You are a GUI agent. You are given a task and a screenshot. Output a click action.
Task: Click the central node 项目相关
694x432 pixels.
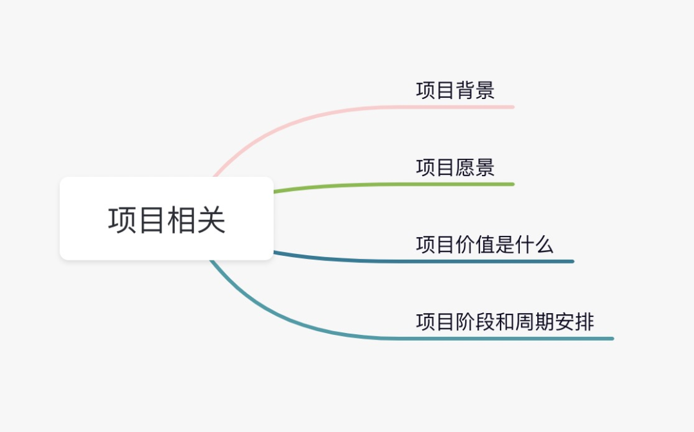click(167, 219)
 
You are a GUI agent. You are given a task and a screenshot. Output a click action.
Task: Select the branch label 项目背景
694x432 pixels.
click(455, 90)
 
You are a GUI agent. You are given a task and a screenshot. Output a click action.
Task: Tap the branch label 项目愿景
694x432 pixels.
click(455, 168)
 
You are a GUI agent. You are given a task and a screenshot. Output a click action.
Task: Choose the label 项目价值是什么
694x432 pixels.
click(485, 245)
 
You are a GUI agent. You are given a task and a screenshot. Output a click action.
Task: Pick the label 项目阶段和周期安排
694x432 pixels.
click(504, 322)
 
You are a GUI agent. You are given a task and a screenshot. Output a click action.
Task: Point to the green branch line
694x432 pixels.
click(394, 185)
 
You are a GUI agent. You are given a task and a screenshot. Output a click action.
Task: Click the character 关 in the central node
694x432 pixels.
click(211, 220)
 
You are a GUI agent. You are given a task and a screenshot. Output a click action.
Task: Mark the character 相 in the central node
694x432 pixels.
click(181, 220)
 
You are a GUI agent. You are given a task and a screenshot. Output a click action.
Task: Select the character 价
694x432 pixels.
click(465, 245)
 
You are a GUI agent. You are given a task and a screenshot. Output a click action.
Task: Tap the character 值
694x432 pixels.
click(485, 245)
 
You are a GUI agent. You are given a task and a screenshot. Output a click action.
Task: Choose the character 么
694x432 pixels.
click(544, 245)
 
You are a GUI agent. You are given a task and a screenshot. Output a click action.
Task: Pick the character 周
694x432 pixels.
click(524, 322)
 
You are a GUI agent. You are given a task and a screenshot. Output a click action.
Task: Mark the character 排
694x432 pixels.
click(584, 322)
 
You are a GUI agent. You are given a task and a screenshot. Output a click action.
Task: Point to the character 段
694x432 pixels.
click(485, 322)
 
